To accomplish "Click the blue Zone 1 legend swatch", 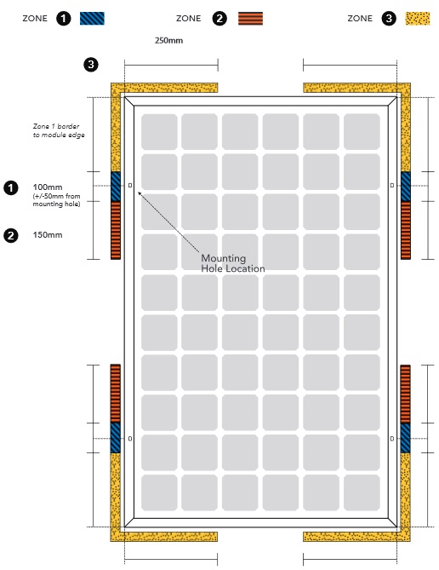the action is pos(92,18).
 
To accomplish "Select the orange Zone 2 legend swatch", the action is pos(250,19).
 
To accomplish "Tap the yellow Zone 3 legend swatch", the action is pos(418,19).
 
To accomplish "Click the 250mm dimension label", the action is pos(168,40).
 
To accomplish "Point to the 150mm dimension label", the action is pos(48,235).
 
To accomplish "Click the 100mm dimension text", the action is pos(48,187).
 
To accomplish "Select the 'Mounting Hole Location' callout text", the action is pos(233,263).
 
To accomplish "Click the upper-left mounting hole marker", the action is pos(130,186).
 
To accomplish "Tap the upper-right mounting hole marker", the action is pos(392,186).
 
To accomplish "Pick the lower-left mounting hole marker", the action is pos(130,439).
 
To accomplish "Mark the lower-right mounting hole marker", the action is pos(392,439).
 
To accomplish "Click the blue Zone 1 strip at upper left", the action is pos(116,187).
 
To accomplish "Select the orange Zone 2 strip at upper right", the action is pos(406,230).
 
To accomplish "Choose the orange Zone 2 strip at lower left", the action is pos(116,394).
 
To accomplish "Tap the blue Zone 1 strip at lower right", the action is pos(406,438).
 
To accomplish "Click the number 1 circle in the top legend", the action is pos(64,18).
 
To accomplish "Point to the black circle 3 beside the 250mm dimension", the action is pos(91,65).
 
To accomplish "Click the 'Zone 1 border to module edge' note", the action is pos(59,130).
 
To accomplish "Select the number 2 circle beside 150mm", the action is pos(11,235).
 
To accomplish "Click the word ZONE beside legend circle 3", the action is pos(360,19).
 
